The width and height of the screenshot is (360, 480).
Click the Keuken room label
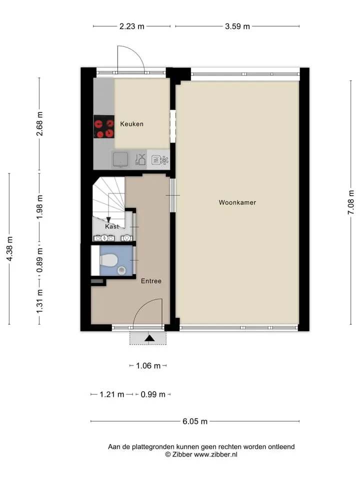point(131,124)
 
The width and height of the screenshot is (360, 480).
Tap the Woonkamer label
point(237,202)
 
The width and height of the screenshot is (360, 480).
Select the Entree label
point(151,281)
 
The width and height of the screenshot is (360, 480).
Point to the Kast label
point(111,226)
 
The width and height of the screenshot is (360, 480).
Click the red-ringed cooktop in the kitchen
point(104,126)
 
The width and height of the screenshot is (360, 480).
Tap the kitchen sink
point(120,159)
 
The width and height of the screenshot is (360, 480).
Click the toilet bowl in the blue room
point(108,261)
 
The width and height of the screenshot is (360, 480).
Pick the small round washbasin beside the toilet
point(121,270)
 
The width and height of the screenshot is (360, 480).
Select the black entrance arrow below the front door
point(149,338)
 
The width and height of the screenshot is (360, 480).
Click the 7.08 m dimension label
point(351,202)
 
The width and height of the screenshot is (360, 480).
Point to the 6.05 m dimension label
point(195,421)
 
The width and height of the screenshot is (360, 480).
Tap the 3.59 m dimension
point(237,26)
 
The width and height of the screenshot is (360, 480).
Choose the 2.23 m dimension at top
point(131,26)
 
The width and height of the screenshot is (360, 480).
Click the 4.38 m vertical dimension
point(9,249)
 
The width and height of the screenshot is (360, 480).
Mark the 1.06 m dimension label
point(148,366)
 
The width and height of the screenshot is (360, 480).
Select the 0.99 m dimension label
point(153,394)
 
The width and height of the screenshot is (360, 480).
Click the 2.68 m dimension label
point(39,124)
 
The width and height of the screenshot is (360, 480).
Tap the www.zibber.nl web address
point(216,454)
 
